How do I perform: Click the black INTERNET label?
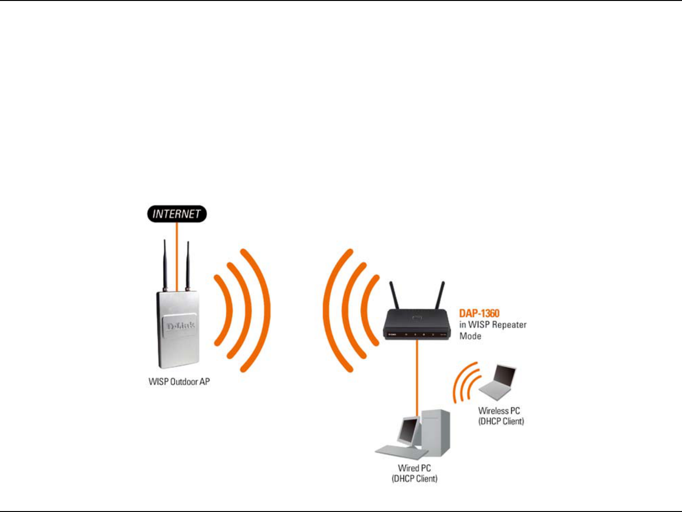coord(177,214)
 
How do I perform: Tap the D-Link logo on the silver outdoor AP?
coord(180,326)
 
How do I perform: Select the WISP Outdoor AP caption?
coord(179,382)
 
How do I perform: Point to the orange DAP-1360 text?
coord(479,314)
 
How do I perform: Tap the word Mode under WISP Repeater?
coord(470,336)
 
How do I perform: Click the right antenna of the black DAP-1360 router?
coord(440,296)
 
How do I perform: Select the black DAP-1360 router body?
coord(417,325)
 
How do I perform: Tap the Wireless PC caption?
coord(499,411)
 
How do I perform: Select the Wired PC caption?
coord(414,468)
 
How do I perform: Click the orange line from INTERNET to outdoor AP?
coord(177,256)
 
